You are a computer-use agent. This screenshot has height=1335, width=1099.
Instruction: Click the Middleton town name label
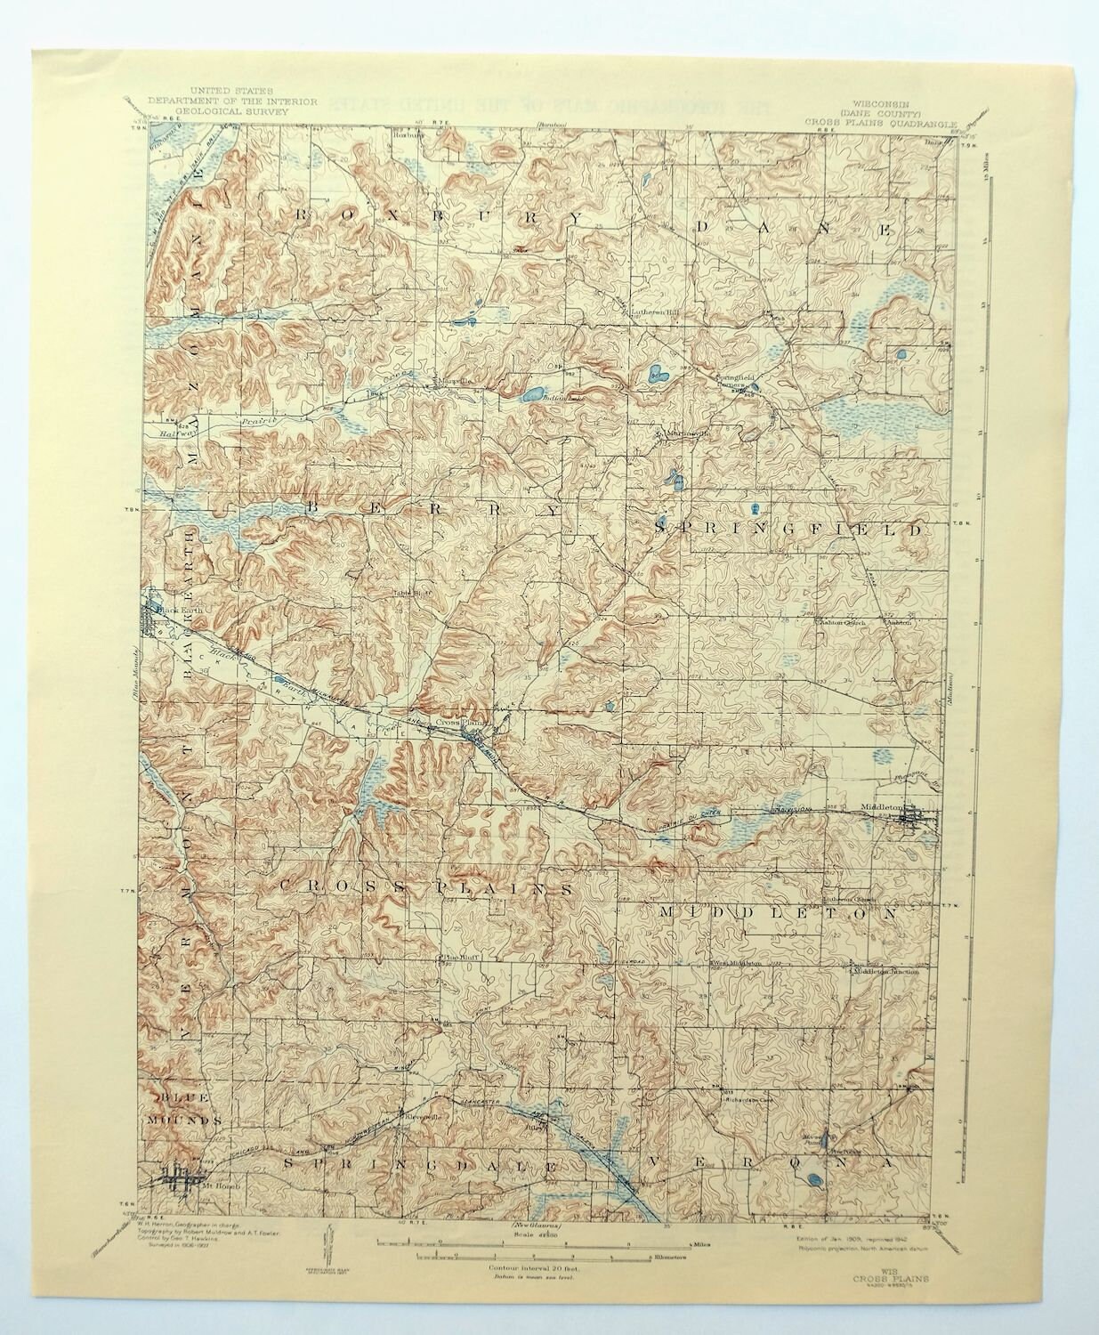pos(883,808)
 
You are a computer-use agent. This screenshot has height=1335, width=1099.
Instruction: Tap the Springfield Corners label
pos(737,383)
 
